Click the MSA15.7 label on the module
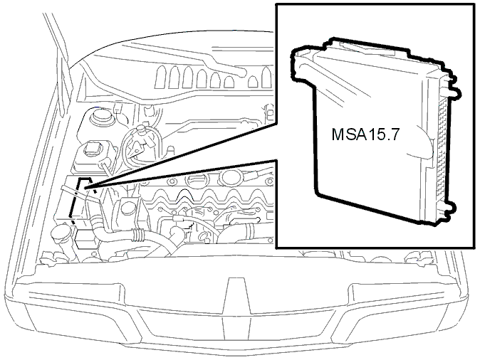coord(365,134)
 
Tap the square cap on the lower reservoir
coord(91,148)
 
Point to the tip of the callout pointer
coord(87,187)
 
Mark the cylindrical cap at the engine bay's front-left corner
coord(61,233)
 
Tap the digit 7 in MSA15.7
coord(395,134)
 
